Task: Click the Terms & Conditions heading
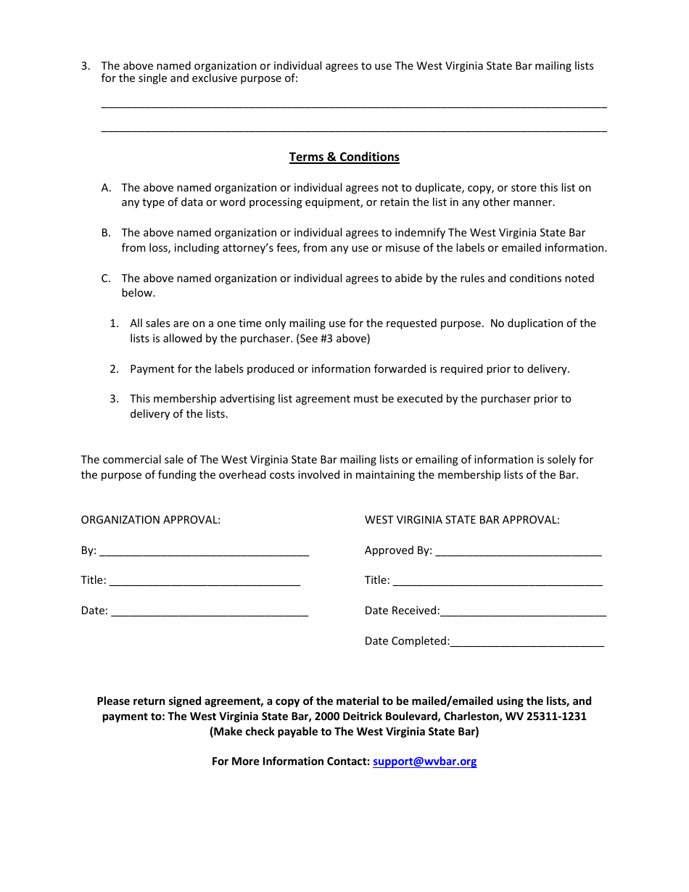pyautogui.click(x=344, y=157)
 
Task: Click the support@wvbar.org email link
pyautogui.click(x=424, y=761)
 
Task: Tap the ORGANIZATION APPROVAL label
pyautogui.click(x=151, y=519)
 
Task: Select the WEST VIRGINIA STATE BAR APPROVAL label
pyautogui.click(x=462, y=519)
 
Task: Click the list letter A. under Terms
pyautogui.click(x=106, y=188)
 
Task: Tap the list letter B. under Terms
pyautogui.click(x=106, y=233)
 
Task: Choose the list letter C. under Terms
pyautogui.click(x=106, y=278)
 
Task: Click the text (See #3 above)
pyautogui.click(x=334, y=338)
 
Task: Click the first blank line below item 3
pyautogui.click(x=354, y=104)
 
